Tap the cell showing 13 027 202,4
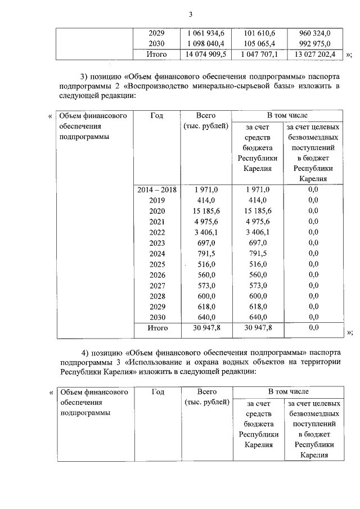tap(313, 55)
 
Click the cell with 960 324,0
tap(313, 33)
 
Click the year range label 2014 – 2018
tap(157, 190)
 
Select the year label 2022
tap(157, 232)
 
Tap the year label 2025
tap(157, 264)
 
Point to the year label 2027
tap(157, 285)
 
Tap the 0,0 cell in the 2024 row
tap(313, 253)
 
